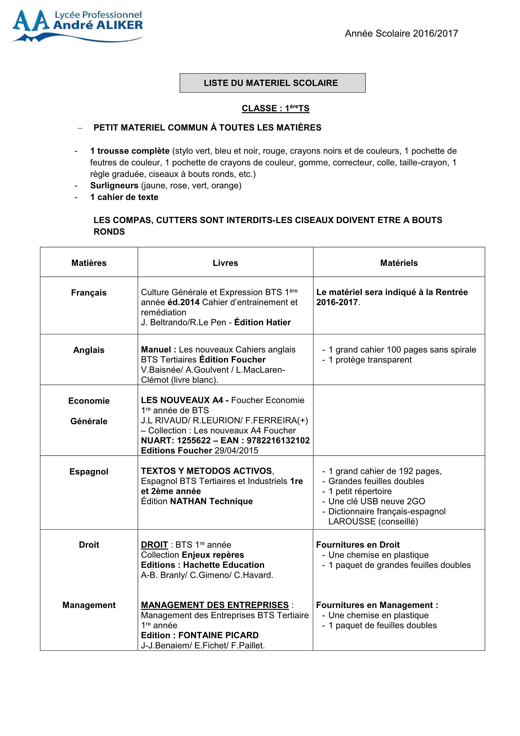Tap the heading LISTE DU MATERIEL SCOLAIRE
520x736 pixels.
[271, 83]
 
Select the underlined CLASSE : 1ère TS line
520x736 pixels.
[275, 108]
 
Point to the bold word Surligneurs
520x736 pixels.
[114, 186]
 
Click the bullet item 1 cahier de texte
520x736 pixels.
[124, 197]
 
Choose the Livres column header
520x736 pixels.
[225, 263]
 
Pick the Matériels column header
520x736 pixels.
[399, 263]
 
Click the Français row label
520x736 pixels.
[89, 293]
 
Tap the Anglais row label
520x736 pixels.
[89, 350]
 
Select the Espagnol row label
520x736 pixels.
[89, 472]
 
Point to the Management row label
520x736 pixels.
[89, 605]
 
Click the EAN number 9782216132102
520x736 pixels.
[278, 441]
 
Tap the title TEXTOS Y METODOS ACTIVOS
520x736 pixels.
[207, 471]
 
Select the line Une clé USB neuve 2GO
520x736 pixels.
[377, 501]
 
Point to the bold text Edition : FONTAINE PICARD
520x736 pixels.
[200, 635]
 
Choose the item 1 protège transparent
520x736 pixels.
[370, 360]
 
